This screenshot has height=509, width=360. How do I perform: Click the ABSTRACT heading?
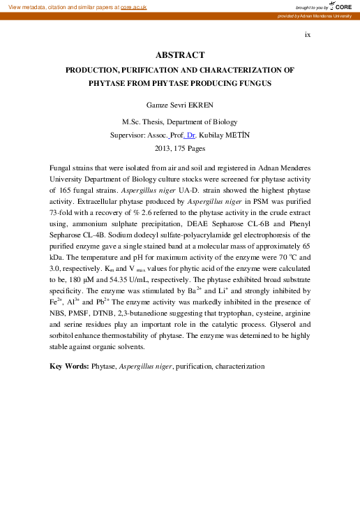coord(179,55)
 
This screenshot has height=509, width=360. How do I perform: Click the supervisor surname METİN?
coord(225,134)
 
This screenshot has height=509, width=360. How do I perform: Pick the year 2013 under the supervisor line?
coord(163,148)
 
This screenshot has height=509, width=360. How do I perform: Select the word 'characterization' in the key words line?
coord(240,366)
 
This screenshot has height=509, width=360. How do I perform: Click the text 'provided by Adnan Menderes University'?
coord(313,15)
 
